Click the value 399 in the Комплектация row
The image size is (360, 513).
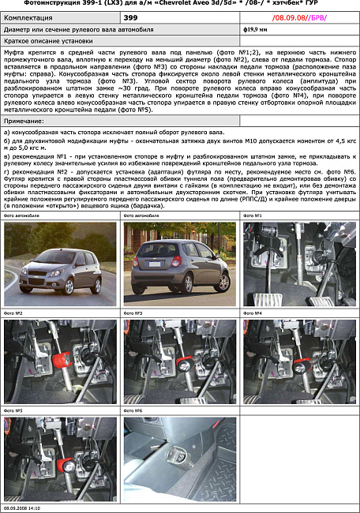pos(131,16)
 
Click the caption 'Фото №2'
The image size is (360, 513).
pos(13,313)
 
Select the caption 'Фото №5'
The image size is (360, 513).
pos(13,411)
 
